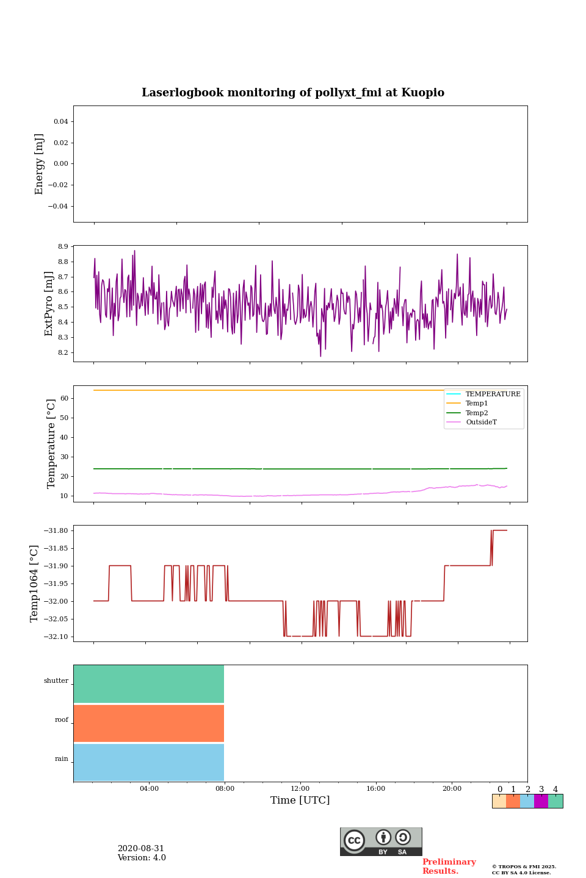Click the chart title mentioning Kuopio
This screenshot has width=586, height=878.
[293, 93]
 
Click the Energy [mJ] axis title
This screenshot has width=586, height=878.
[40, 164]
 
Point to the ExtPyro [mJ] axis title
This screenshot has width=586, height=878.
[49, 304]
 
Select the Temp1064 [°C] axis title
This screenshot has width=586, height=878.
[35, 584]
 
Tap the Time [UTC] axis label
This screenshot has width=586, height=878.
[300, 800]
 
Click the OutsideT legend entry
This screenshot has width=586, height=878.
[481, 422]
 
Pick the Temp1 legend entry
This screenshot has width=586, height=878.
[477, 404]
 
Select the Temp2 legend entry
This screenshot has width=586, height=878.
[477, 413]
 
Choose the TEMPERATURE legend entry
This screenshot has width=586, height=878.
[493, 394]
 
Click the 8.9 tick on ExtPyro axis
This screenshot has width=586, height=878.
[62, 246]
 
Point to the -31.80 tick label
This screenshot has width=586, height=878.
[56, 530]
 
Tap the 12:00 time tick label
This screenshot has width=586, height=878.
[300, 788]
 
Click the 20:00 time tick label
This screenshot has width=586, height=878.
[452, 788]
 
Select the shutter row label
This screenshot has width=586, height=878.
[56, 681]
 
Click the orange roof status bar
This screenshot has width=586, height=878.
[149, 723]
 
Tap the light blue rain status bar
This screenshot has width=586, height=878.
[149, 762]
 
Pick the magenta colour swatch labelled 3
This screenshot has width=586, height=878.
[541, 801]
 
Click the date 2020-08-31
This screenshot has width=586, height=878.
[141, 849]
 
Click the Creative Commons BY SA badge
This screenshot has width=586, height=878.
[381, 841]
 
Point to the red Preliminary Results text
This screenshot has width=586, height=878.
[449, 866]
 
